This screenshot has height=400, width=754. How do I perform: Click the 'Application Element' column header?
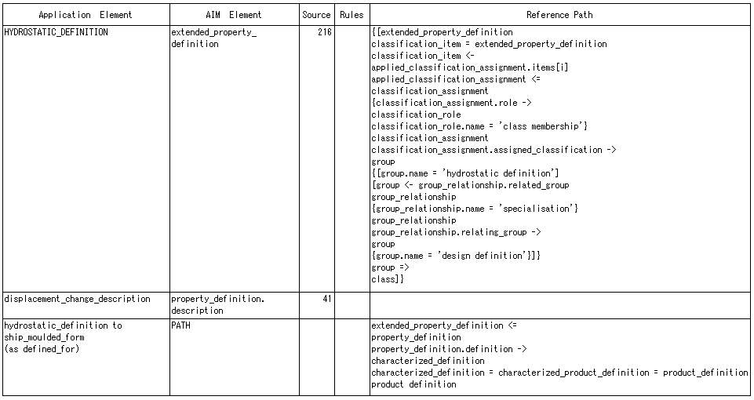point(85,15)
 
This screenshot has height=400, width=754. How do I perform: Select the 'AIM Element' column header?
point(234,15)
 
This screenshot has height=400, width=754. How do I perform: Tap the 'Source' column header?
point(316,15)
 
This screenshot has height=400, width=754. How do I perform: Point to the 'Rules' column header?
point(352,15)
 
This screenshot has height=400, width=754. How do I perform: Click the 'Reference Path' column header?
point(559,15)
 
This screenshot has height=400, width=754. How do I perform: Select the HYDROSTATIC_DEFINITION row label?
point(56,32)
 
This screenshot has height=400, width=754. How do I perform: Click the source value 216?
point(325,32)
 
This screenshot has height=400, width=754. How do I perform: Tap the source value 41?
point(327,299)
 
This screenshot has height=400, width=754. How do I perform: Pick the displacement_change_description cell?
point(78,299)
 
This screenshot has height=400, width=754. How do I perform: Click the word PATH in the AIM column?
point(180,325)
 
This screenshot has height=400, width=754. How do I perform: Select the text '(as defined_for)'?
point(42,349)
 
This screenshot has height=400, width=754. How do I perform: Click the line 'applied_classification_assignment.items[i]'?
point(470,67)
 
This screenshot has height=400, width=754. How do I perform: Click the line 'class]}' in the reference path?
point(388,279)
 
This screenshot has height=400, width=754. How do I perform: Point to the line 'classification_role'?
point(416,115)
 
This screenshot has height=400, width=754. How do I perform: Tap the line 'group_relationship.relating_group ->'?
point(457,232)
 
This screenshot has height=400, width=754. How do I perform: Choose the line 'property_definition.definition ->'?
point(449,349)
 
